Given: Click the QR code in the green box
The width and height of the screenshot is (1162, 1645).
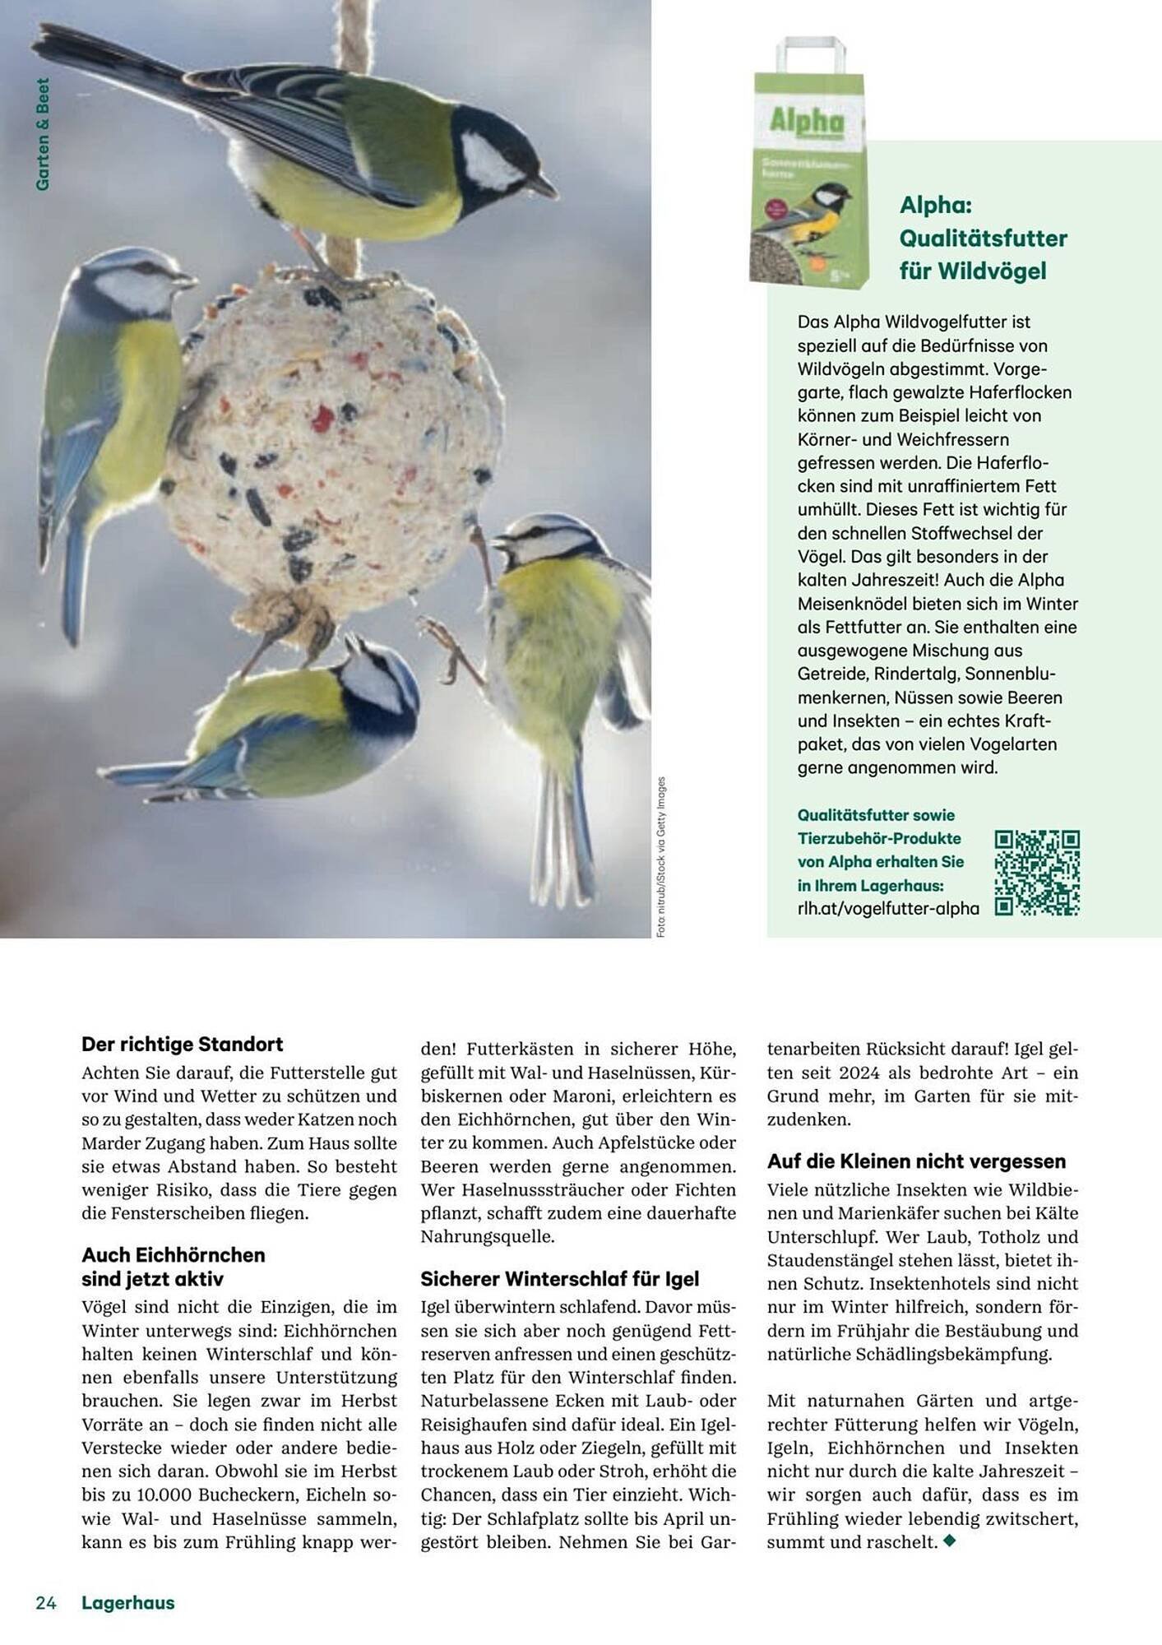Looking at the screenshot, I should [1036, 873].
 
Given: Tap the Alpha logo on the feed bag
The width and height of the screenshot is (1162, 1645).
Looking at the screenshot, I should [807, 122].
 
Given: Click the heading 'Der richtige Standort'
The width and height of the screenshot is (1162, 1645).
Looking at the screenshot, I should [182, 1044].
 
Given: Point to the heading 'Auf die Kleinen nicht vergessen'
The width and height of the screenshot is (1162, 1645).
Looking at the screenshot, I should [916, 1161].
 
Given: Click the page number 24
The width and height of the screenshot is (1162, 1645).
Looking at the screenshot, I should [46, 1602].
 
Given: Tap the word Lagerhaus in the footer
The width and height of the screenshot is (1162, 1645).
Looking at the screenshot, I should [128, 1602].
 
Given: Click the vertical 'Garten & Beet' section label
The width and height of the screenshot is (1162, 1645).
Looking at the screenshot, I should [43, 135].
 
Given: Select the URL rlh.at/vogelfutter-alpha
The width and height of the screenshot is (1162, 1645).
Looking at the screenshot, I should [888, 908].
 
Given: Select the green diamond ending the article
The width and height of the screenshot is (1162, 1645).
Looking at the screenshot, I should [950, 1541].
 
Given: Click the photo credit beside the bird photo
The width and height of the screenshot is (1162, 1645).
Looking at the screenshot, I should [661, 855].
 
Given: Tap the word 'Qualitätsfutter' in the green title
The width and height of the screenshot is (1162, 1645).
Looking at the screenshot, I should [983, 238].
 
